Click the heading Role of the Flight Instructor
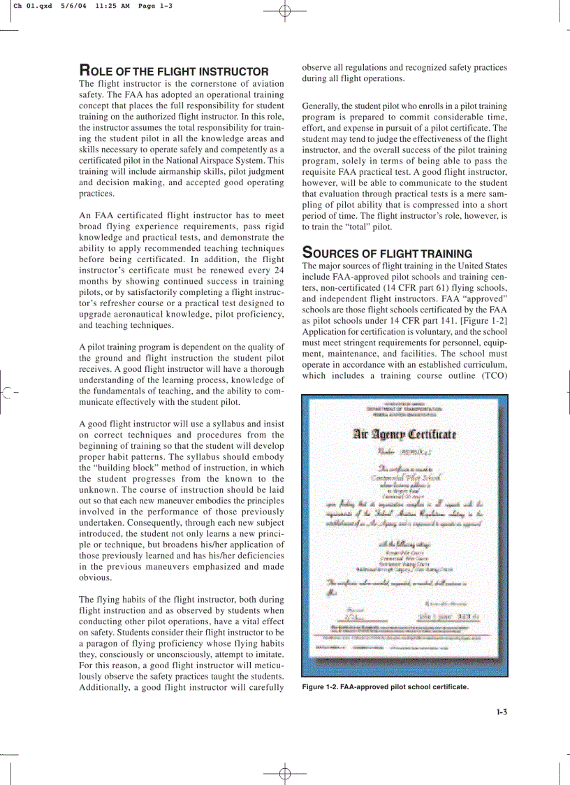(x=174, y=71)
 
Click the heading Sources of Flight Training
(x=387, y=253)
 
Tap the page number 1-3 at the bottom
(x=501, y=712)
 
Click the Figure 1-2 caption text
(x=385, y=687)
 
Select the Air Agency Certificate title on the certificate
(x=405, y=434)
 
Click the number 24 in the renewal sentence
(x=279, y=270)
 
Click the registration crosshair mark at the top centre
(x=284, y=10)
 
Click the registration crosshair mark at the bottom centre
(x=284, y=774)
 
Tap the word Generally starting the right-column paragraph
(x=322, y=106)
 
